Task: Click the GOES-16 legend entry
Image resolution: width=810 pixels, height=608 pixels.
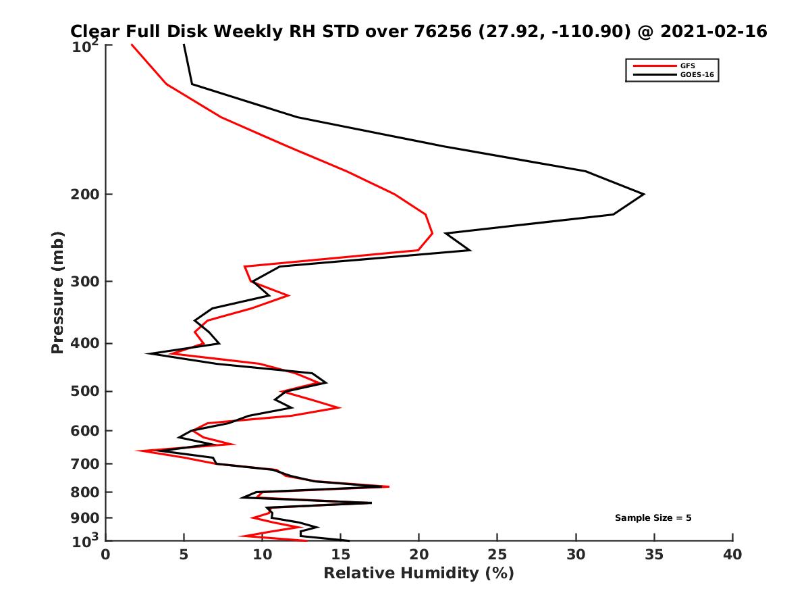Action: [695, 75]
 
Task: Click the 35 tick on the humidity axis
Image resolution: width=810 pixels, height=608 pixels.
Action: [654, 555]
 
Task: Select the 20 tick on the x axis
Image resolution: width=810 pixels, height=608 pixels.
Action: [419, 555]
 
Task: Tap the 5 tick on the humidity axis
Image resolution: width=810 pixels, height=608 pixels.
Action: [184, 555]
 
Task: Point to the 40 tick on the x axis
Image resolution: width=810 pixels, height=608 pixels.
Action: [732, 555]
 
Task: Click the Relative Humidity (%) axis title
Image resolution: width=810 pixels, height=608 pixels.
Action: [418, 574]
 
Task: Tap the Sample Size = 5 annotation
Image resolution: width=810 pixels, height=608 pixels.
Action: [653, 518]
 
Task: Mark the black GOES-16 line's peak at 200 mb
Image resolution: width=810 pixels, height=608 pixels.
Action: [643, 195]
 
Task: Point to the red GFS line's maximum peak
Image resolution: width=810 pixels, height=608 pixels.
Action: [432, 234]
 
